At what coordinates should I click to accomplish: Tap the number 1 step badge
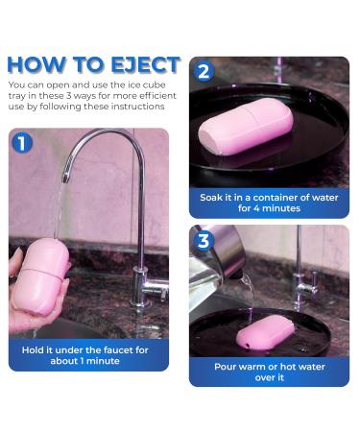[22, 143]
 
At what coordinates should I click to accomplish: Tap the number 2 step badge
[204, 70]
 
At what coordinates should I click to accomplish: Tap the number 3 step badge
[204, 240]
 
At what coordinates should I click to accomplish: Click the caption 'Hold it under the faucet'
[84, 349]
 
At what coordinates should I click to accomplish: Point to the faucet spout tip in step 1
[65, 176]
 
